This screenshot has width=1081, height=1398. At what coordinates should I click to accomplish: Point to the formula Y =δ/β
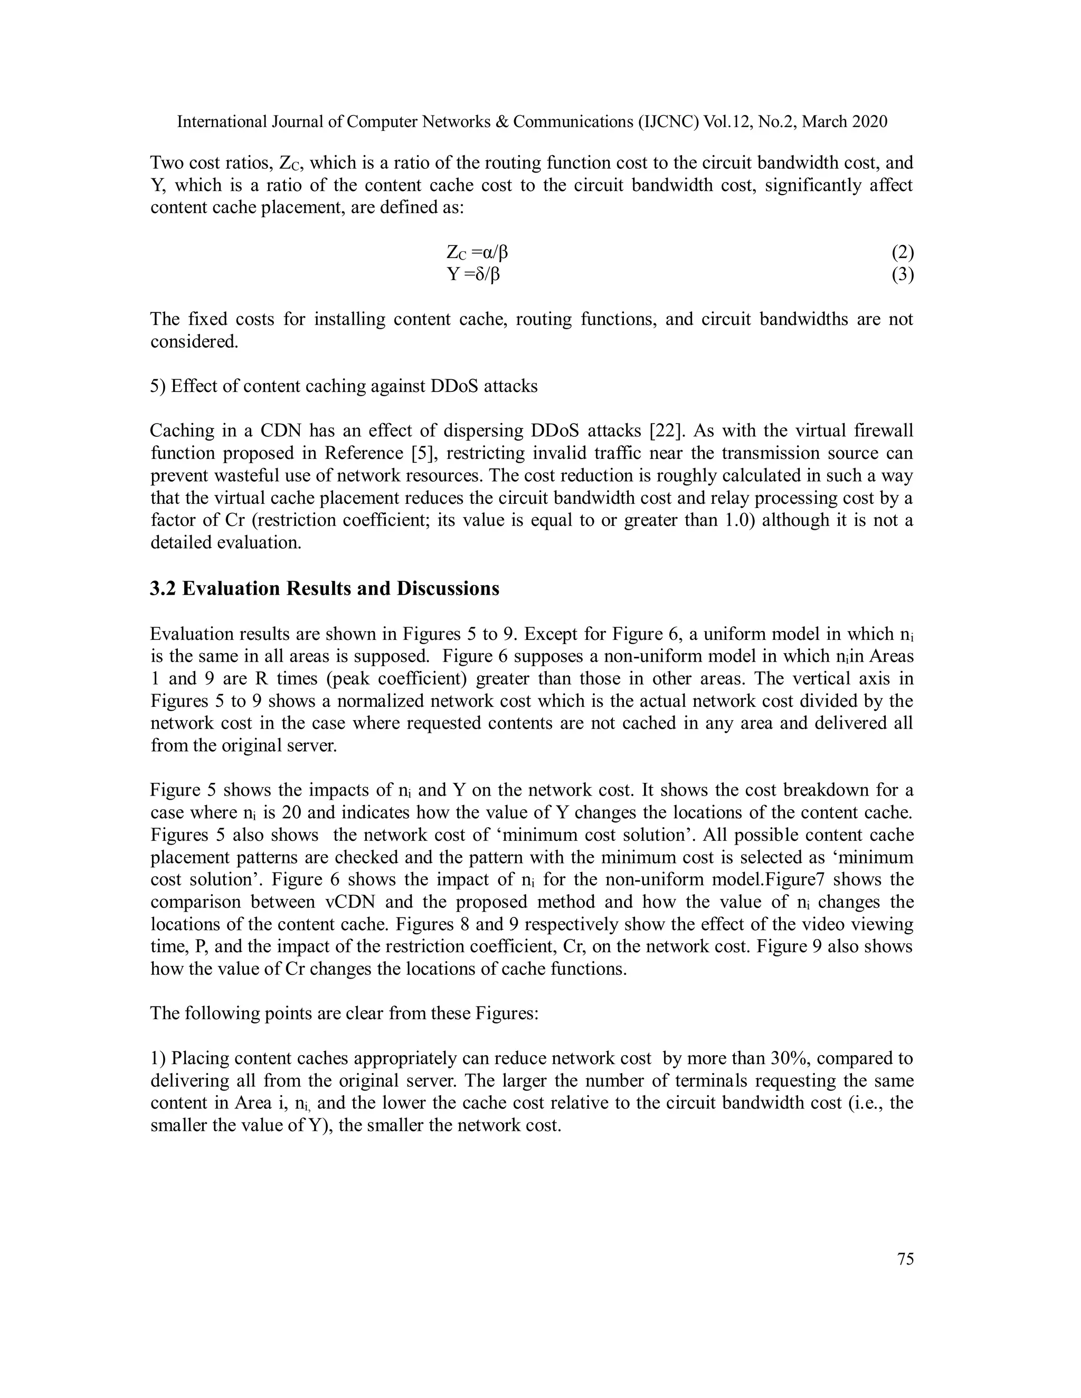pos(474,275)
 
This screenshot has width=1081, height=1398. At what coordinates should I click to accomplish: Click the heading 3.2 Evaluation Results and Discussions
pos(325,588)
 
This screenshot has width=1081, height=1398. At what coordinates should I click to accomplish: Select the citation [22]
pos(666,431)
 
